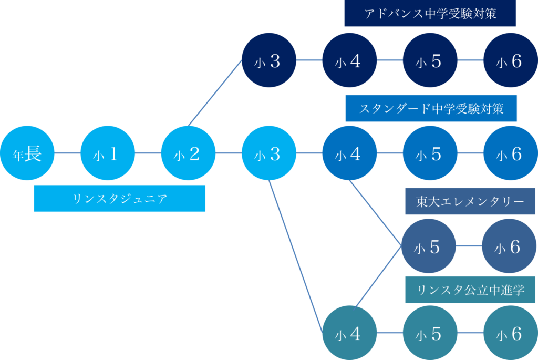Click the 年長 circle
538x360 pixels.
27,153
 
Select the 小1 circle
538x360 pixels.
108,153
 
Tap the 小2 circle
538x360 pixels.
188,153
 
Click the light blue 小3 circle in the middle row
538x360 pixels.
268,153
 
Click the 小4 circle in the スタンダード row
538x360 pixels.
349,153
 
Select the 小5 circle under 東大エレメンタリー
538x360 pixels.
428,246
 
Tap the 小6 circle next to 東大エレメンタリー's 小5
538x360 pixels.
509,246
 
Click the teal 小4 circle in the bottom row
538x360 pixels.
349,333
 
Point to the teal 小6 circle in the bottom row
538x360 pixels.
510,333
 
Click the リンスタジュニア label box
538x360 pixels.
119,198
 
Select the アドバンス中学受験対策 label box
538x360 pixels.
430,14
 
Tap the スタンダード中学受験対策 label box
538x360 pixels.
431,109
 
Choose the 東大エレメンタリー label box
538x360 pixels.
470,202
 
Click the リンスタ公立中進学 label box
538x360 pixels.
470,290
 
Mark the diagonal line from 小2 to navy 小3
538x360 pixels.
215,92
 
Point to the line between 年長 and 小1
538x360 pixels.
67,153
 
